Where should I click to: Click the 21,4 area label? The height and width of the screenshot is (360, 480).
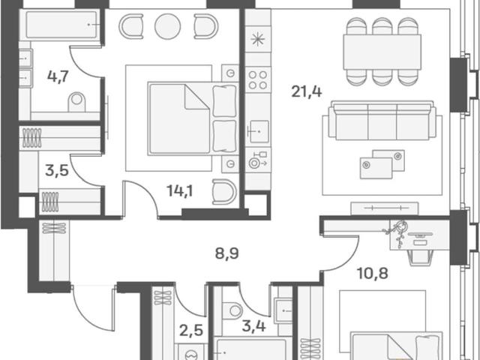(x=307, y=91)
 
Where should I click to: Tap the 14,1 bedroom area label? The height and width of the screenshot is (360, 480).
(x=180, y=191)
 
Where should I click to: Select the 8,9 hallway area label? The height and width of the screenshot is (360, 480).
(x=226, y=253)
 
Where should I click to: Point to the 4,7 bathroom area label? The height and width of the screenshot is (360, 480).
(x=58, y=76)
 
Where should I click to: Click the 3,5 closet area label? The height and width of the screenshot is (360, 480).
(x=57, y=170)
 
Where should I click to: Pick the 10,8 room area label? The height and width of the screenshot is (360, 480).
(x=373, y=273)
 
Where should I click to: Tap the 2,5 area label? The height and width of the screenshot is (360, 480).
(x=191, y=331)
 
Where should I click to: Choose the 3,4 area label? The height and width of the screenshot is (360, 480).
(x=253, y=326)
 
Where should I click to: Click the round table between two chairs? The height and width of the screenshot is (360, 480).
(x=167, y=26)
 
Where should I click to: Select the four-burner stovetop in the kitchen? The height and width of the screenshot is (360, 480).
(x=258, y=80)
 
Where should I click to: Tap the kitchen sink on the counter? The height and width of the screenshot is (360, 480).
(x=259, y=132)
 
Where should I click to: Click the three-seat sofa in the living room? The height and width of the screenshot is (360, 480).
(x=382, y=120)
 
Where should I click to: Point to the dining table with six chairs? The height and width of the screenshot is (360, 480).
(x=382, y=52)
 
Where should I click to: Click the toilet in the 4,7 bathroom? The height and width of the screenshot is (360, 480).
(x=76, y=102)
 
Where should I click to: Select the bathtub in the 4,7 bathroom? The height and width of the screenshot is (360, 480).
(x=61, y=25)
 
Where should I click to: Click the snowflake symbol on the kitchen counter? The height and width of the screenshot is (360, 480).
(x=258, y=40)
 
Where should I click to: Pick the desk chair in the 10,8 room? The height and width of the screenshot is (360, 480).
(x=421, y=257)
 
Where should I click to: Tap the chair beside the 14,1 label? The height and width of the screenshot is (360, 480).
(x=224, y=192)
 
